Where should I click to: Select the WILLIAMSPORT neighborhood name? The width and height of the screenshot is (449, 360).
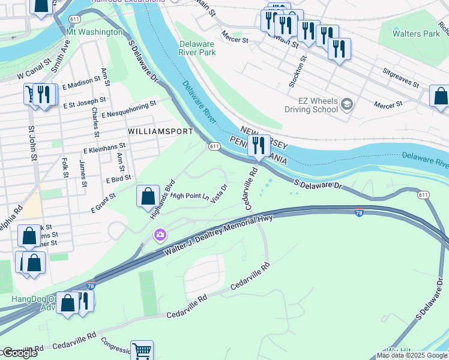(160, 131)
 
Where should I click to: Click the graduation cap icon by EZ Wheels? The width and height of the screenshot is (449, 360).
(346, 106)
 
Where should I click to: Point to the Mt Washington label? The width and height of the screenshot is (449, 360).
(94, 32)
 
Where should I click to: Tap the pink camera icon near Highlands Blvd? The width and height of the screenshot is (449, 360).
(160, 234)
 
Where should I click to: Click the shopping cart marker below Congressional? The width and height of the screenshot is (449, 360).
(142, 351)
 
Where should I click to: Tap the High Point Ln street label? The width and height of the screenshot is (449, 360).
(189, 196)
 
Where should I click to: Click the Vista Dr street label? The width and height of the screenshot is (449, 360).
(220, 194)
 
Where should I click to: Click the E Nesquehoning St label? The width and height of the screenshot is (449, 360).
(129, 108)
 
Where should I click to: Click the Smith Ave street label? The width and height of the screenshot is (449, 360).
(61, 56)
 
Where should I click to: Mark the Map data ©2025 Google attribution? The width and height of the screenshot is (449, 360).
(412, 355)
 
